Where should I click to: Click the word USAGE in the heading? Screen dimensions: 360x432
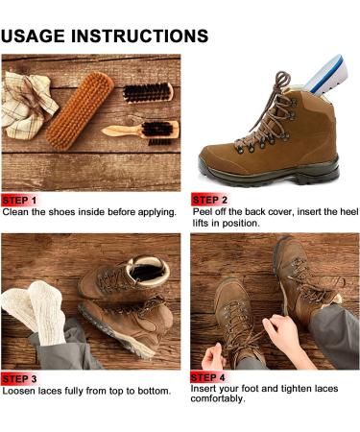point(33,36)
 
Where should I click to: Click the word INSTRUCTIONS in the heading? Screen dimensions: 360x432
point(139,36)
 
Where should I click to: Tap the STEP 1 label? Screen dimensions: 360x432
point(19,201)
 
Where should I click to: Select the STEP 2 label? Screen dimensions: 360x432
point(209,200)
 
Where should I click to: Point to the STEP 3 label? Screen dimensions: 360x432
point(19,379)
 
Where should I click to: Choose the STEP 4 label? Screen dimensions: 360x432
point(208,377)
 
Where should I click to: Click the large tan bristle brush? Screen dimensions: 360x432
point(80,110)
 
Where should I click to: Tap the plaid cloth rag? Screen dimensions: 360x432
point(27,105)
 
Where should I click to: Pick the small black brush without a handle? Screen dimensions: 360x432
point(148,93)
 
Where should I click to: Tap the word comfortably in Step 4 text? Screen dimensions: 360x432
point(218,398)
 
